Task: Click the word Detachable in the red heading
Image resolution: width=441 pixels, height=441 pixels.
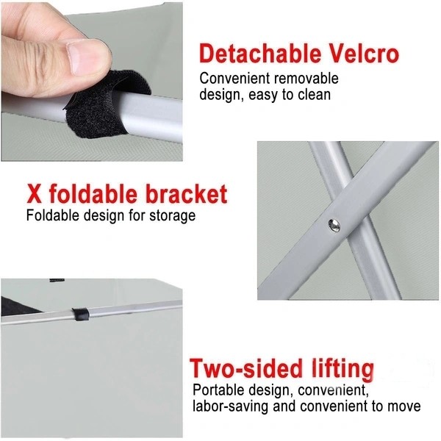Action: click(x=260, y=54)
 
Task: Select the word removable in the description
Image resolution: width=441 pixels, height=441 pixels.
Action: click(x=306, y=79)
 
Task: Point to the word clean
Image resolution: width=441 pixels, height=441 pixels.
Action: click(x=315, y=95)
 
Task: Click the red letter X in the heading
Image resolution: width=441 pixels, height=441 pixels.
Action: click(x=35, y=193)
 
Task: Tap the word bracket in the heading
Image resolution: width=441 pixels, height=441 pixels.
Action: click(x=187, y=193)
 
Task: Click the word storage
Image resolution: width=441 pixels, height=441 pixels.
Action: click(x=172, y=217)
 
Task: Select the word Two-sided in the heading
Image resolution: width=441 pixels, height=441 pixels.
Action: click(x=245, y=368)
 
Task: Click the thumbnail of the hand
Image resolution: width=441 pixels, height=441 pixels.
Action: click(x=92, y=82)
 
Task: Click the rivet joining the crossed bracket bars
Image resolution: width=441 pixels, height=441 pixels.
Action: click(x=334, y=226)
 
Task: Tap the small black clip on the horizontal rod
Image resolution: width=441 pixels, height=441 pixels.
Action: click(x=81, y=315)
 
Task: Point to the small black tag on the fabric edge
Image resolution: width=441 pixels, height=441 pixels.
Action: click(x=57, y=280)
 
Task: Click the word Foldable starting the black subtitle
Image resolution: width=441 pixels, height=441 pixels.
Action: click(x=53, y=216)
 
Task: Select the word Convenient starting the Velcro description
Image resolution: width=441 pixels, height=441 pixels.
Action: click(x=235, y=79)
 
